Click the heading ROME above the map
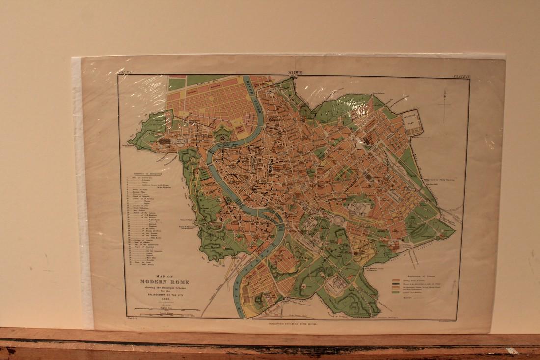coord(296,73)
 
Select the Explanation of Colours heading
coord(422,277)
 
